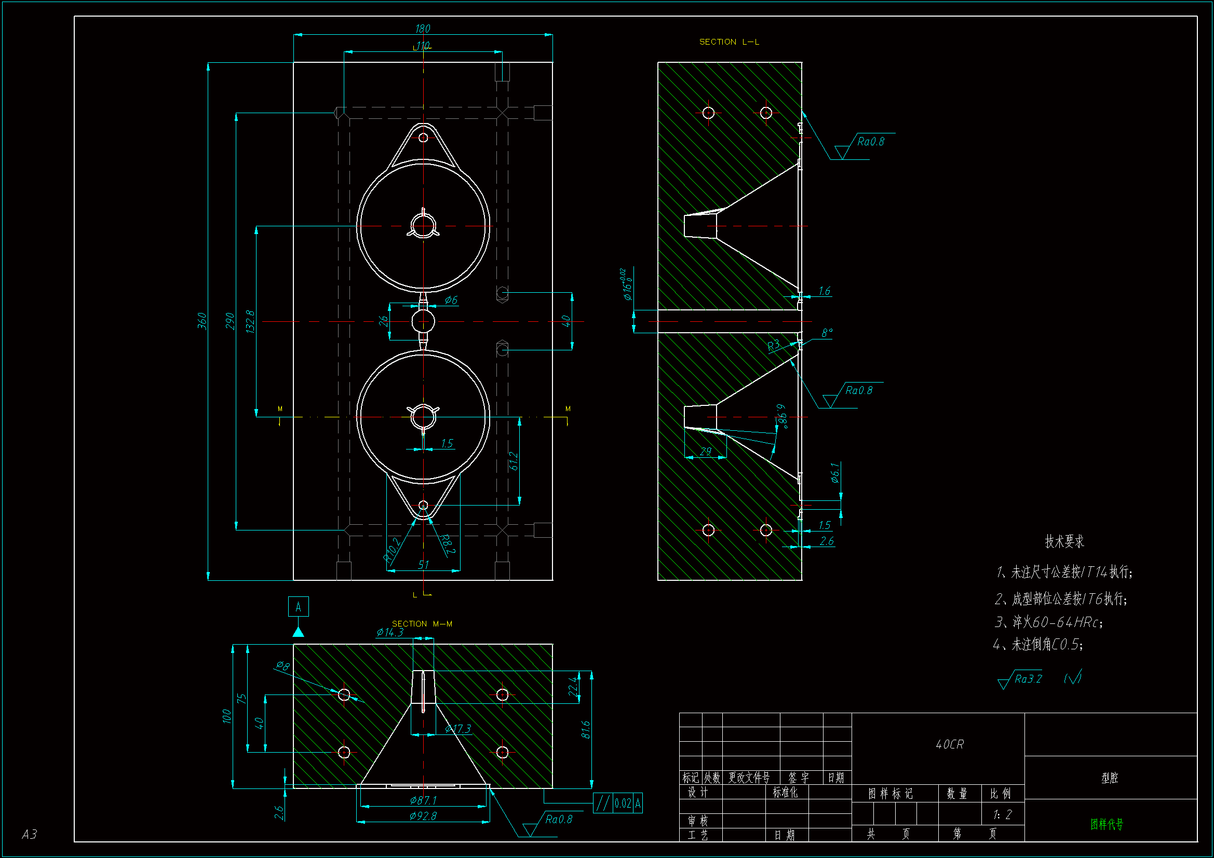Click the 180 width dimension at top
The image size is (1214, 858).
[423, 29]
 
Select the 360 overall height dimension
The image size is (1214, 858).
[202, 320]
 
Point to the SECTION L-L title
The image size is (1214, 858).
[729, 42]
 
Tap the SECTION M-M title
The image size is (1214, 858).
[422, 624]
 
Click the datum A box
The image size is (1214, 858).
[298, 607]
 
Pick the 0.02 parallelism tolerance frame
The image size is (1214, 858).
[617, 803]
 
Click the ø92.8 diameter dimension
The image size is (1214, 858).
[423, 816]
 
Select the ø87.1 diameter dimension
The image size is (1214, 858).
[423, 800]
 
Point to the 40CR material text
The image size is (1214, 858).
[950, 744]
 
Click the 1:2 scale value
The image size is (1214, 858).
[1002, 814]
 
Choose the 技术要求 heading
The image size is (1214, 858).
[1064, 541]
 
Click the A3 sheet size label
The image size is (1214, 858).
[30, 834]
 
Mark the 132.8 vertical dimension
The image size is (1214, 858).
[251, 321]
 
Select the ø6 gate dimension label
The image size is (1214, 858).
[451, 300]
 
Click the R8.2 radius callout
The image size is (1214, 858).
[447, 544]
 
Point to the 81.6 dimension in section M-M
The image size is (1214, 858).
[586, 730]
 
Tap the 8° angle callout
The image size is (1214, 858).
[827, 333]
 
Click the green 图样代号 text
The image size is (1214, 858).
[1107, 824]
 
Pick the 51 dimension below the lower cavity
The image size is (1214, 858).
[424, 565]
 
